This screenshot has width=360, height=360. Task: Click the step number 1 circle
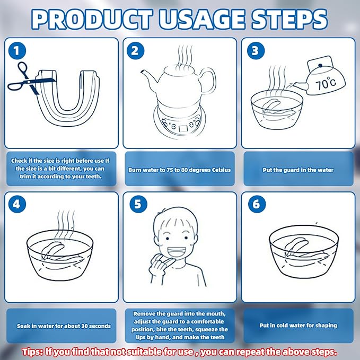click(17, 51)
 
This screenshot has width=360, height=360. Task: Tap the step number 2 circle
click(135, 51)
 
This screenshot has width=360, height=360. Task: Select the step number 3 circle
click(256, 51)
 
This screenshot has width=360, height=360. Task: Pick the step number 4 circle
click(17, 204)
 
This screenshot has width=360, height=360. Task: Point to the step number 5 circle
click(138, 204)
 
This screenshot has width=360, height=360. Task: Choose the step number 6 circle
click(257, 204)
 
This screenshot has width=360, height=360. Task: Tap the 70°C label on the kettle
click(326, 83)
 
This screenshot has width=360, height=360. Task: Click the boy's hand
click(161, 266)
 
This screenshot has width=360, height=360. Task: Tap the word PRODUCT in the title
click(92, 19)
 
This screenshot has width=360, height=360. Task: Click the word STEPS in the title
click(289, 19)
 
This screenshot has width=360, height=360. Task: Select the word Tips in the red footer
click(32, 352)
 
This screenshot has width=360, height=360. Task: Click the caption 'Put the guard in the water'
click(298, 170)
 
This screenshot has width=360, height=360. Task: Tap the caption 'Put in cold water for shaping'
click(298, 326)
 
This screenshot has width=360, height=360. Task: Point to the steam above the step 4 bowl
click(66, 221)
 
